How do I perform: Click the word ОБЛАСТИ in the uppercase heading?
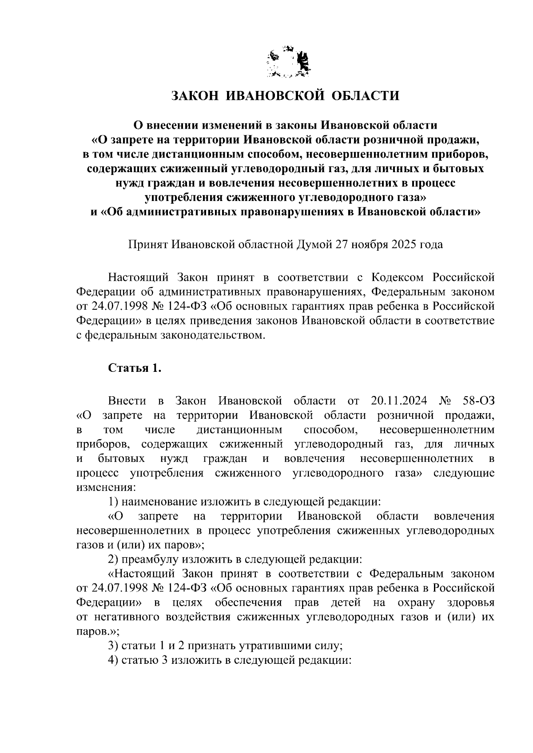tap(366, 95)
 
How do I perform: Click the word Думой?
tap(314, 244)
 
